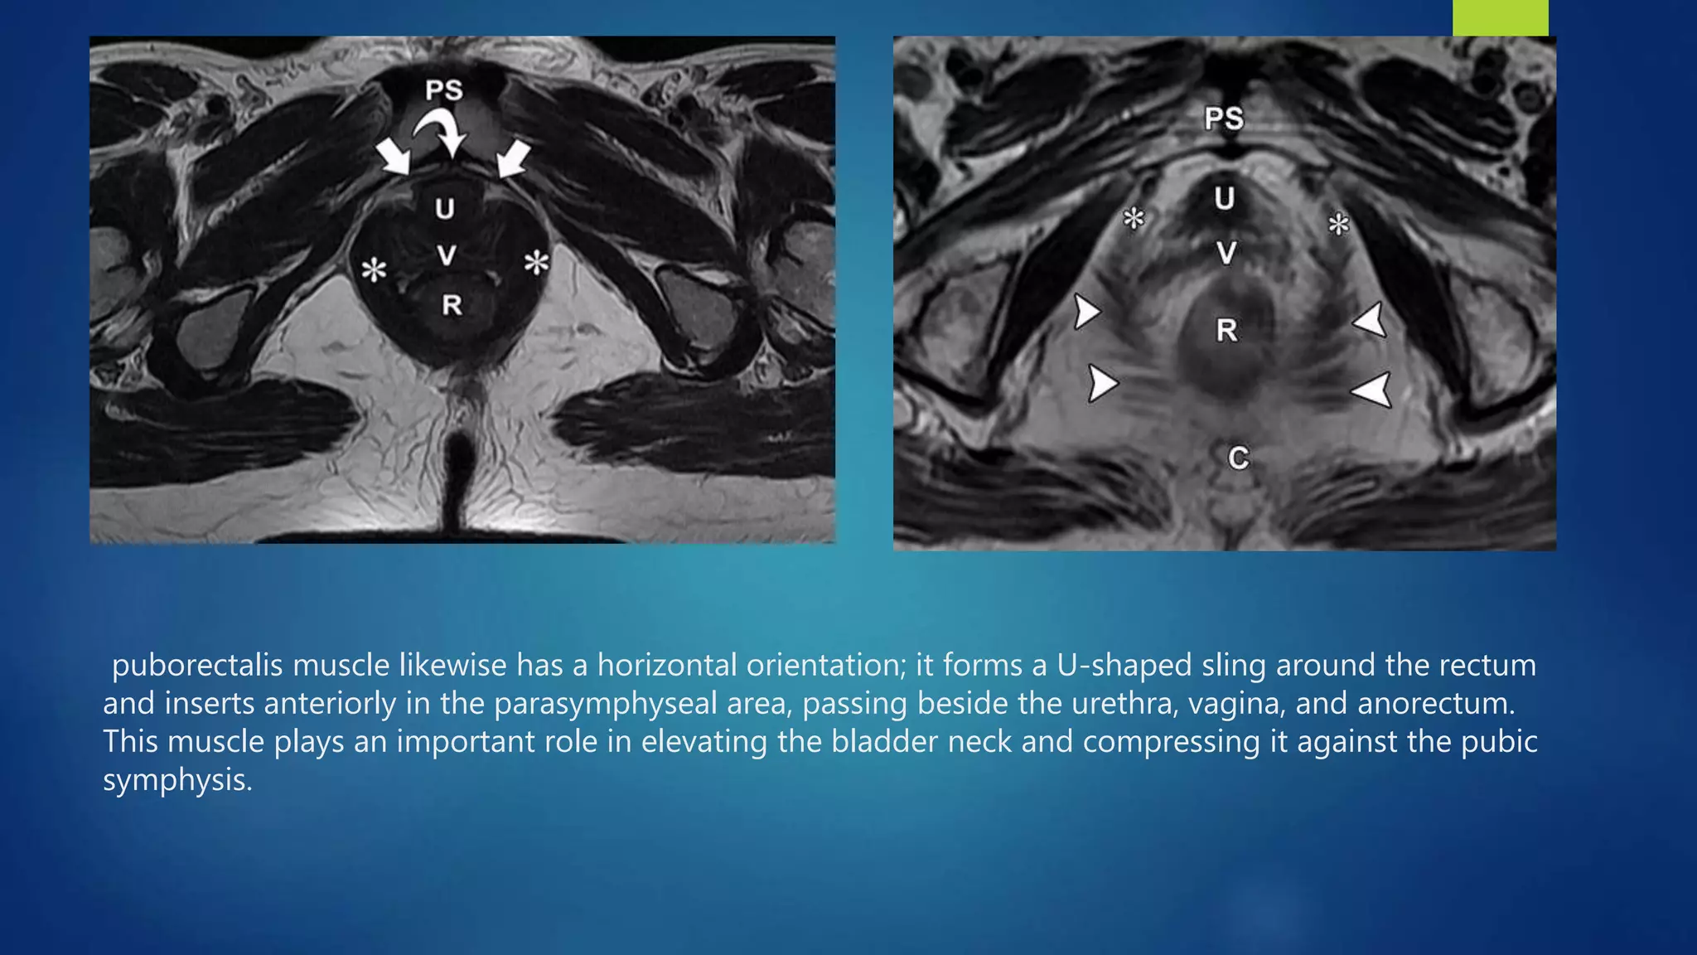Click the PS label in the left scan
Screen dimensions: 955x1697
click(444, 90)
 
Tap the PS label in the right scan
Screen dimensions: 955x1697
click(1224, 119)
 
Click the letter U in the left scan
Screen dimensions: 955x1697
click(445, 208)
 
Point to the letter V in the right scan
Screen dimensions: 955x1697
click(1226, 252)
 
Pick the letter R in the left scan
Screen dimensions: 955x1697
click(452, 305)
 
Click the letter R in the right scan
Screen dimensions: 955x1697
click(1226, 330)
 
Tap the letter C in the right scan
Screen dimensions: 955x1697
click(1238, 458)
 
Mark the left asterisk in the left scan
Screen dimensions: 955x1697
click(375, 269)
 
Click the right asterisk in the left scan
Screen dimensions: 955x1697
click(537, 263)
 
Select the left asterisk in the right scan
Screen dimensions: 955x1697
click(1134, 219)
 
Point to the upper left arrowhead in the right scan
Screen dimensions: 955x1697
click(1086, 312)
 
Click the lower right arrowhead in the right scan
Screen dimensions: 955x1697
click(1373, 390)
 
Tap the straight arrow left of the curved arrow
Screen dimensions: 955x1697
click(393, 157)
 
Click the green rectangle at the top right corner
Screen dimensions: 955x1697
click(1500, 17)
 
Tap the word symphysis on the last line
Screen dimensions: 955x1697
click(177, 779)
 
